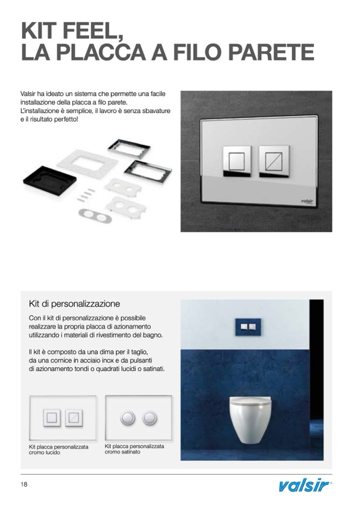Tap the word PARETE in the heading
(271, 51)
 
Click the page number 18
(24, 485)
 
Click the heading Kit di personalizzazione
(74, 304)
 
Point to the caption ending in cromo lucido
(58, 450)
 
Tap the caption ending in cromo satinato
(134, 449)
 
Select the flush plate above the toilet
(248, 327)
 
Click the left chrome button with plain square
(237, 161)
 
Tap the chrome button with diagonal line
(274, 161)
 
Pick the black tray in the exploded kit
(50, 178)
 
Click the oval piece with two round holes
(96, 215)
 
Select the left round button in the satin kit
(127, 418)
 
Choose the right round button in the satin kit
(150, 418)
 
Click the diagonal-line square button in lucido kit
(74, 418)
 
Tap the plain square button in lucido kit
(52, 418)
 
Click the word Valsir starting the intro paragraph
(27, 94)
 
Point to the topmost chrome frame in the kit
(129, 149)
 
